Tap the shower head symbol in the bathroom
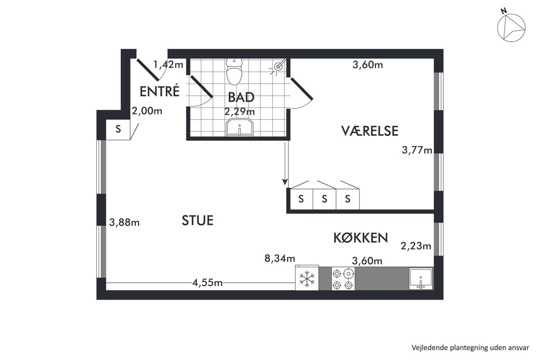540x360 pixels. pyautogui.click(x=279, y=66)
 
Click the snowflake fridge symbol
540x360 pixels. pyautogui.click(x=307, y=279)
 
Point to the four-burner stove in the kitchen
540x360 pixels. pyautogui.click(x=343, y=279)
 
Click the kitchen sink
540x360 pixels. pyautogui.click(x=421, y=279)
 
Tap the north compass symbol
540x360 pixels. pyautogui.click(x=511, y=28)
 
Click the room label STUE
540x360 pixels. pyautogui.click(x=198, y=220)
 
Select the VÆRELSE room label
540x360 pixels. pyautogui.click(x=369, y=131)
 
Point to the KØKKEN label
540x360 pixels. pyautogui.click(x=360, y=238)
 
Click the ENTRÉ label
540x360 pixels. pyautogui.click(x=160, y=91)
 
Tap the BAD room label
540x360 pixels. pyautogui.click(x=241, y=97)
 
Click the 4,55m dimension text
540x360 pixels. pyautogui.click(x=207, y=283)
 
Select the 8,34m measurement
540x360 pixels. pyautogui.click(x=279, y=258)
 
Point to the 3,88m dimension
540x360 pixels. pyautogui.click(x=124, y=222)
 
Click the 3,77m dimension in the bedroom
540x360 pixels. pyautogui.click(x=417, y=150)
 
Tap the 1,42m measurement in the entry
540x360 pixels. pyautogui.click(x=168, y=64)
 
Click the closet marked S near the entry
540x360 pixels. pyautogui.click(x=118, y=130)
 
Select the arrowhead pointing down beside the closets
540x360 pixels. pyautogui.click(x=285, y=182)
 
